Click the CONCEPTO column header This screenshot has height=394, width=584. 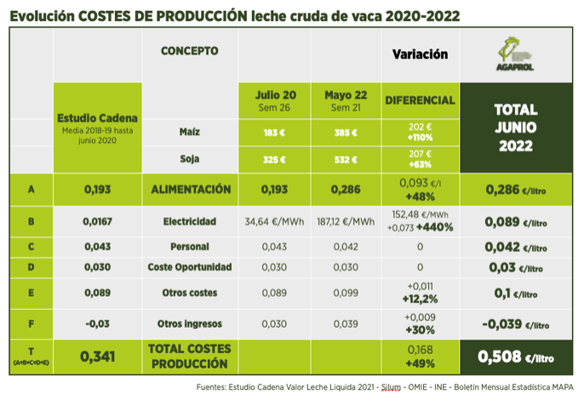coord(189,51)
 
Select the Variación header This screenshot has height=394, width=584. coord(420,54)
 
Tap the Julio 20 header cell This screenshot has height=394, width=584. coord(275,100)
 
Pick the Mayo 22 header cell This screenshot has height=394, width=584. coord(345,100)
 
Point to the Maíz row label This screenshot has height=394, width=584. coord(191,133)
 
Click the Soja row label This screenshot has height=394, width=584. coord(191,158)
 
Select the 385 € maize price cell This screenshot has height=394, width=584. coord(345,134)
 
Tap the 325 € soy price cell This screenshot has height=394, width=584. coord(275,159)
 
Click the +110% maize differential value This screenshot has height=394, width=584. coord(420,138)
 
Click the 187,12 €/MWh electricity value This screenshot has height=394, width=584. coord(345,222)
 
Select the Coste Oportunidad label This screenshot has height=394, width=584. coord(189,267)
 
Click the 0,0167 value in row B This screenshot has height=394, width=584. coord(96,222)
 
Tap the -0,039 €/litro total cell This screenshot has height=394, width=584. coord(515,324)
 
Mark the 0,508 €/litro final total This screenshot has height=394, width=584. coord(515,357)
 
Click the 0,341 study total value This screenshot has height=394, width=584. coord(96,357)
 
